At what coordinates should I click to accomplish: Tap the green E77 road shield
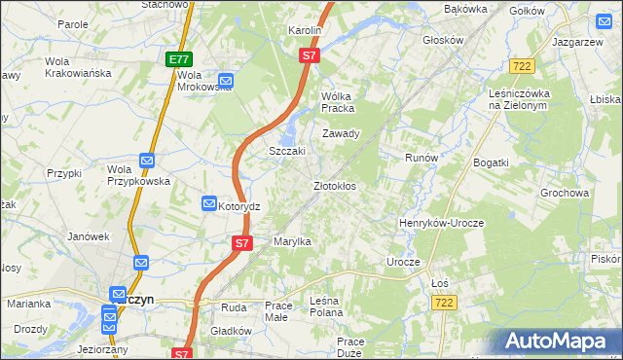tap(178, 59)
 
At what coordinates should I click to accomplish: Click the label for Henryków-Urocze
tap(441, 223)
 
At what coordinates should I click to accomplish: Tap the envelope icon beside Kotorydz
tap(209, 203)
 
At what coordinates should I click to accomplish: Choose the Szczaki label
tap(287, 151)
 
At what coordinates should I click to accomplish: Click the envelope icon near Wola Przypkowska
tap(146, 161)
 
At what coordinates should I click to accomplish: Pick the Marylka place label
tap(291, 240)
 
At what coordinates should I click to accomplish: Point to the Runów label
tap(421, 157)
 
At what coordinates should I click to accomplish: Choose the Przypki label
tap(64, 172)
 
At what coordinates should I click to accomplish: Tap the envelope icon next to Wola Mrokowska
tap(225, 81)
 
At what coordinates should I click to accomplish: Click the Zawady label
tap(342, 133)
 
